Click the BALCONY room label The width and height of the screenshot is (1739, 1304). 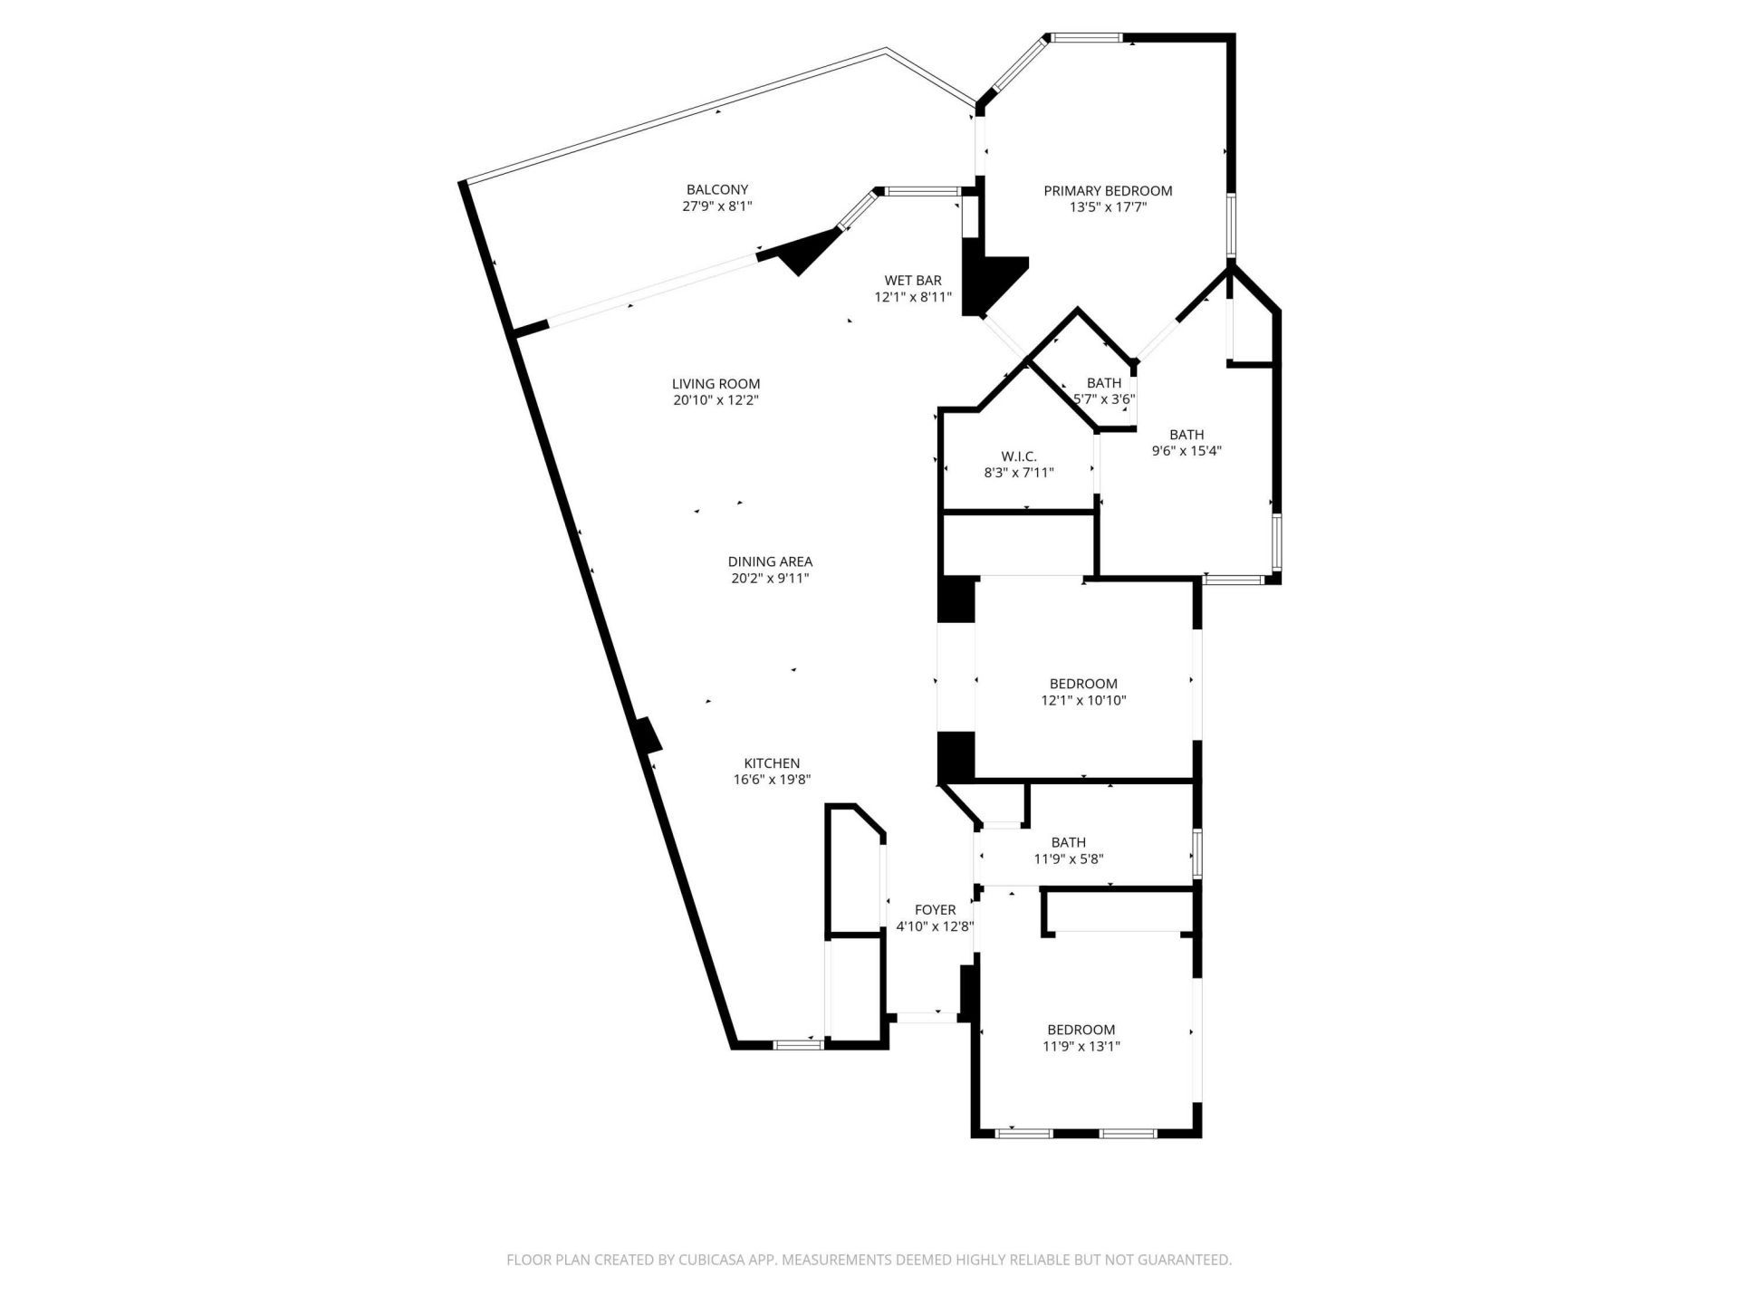pyautogui.click(x=717, y=189)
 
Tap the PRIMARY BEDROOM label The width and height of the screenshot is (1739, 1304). pyautogui.click(x=1108, y=190)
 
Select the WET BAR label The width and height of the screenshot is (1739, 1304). pyautogui.click(x=913, y=280)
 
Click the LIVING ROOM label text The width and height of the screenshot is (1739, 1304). pyautogui.click(x=716, y=383)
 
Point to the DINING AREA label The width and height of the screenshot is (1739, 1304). pyautogui.click(x=770, y=561)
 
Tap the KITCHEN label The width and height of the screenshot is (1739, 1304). pyautogui.click(x=772, y=762)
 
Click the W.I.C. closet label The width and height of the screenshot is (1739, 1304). pyautogui.click(x=1018, y=455)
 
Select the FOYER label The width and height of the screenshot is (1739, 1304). pyautogui.click(x=935, y=909)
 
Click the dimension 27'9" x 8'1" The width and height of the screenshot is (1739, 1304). pyautogui.click(x=717, y=206)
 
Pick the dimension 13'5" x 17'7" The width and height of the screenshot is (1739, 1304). pyautogui.click(x=1108, y=207)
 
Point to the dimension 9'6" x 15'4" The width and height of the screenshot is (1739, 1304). pyautogui.click(x=1187, y=451)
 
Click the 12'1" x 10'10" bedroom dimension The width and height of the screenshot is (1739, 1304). pyautogui.click(x=1083, y=700)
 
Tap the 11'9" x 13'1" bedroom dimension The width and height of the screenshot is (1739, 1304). pyautogui.click(x=1081, y=1046)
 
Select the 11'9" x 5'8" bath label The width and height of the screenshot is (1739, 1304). pyautogui.click(x=1069, y=859)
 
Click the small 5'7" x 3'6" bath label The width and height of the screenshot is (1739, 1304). pyautogui.click(x=1104, y=398)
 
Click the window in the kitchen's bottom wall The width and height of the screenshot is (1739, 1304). pyautogui.click(x=798, y=1044)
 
